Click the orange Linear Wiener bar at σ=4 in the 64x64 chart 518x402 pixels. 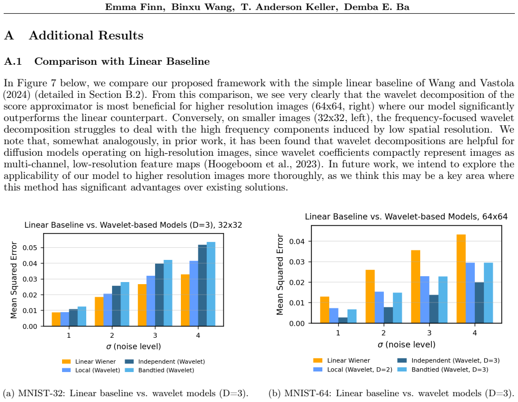pyautogui.click(x=461, y=279)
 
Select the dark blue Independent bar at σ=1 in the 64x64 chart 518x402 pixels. pyautogui.click(x=342, y=320)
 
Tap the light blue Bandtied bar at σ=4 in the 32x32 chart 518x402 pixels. pyautogui.click(x=211, y=284)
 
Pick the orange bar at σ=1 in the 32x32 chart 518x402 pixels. pyautogui.click(x=56, y=319)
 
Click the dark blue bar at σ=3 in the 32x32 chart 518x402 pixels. pyautogui.click(x=159, y=295)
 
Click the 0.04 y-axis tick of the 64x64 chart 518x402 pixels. pyautogui.click(x=297, y=242)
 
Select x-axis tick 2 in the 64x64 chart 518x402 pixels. pyautogui.click(x=383, y=333)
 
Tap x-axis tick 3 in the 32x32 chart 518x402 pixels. pyautogui.click(x=155, y=336)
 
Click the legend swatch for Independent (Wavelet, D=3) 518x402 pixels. pyautogui.click(x=402, y=360)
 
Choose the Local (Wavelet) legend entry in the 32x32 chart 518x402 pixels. pyautogui.click(x=91, y=370)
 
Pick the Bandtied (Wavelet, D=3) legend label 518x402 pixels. pyautogui.click(x=450, y=369)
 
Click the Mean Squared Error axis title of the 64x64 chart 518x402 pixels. pyautogui.click(x=280, y=275)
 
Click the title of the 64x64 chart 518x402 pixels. pyautogui.click(x=406, y=217)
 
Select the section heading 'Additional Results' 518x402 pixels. pyautogui.click(x=86, y=35)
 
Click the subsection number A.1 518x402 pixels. pyautogui.click(x=13, y=62)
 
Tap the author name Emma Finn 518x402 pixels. pyautogui.click(x=135, y=7)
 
